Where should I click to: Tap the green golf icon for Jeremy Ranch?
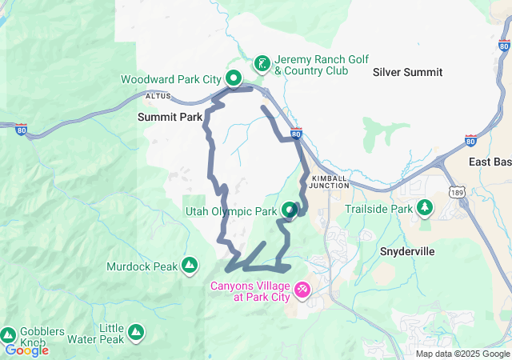pos(262,62)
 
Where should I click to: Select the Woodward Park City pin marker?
pos(233,78)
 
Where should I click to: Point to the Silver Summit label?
pos(407,72)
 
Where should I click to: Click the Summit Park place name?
pos(170,117)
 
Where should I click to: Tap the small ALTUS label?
pos(158,96)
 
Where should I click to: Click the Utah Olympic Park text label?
pos(229,212)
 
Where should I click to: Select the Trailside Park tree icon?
pos(426,210)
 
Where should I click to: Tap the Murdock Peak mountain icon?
pos(189,264)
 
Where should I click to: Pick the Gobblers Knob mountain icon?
pos(8,334)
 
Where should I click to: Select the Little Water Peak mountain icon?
pos(136,330)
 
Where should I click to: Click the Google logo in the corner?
pos(26,350)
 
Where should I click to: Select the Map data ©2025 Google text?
pos(462,354)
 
